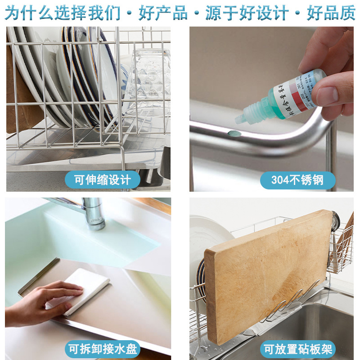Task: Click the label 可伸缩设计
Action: coord(103,180)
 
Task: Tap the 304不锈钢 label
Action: coord(297,180)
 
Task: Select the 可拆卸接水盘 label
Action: coord(103,349)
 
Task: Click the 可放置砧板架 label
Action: coord(297,349)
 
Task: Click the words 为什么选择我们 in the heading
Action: coord(63,13)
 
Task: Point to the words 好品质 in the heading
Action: coord(331,13)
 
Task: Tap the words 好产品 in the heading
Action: coord(163,13)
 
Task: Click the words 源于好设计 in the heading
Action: coord(247,13)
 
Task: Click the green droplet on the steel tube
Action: coord(232,133)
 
